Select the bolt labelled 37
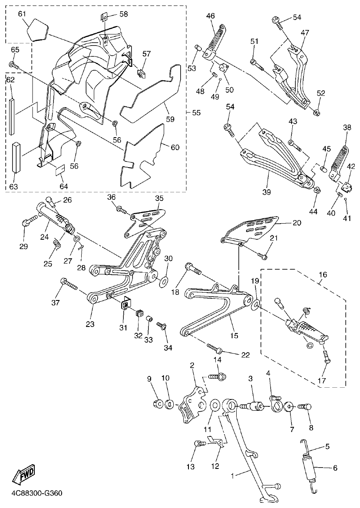pyautogui.click(x=69, y=284)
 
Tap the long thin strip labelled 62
pyautogui.click(x=12, y=116)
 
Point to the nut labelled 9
pyautogui.click(x=158, y=405)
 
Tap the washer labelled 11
pyautogui.click(x=215, y=405)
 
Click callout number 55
pyautogui.click(x=196, y=112)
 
